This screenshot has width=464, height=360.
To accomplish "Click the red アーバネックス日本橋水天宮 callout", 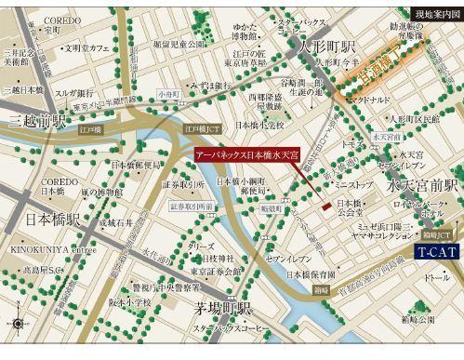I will (246, 154).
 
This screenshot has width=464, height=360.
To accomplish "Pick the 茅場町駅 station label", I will (219, 309).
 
